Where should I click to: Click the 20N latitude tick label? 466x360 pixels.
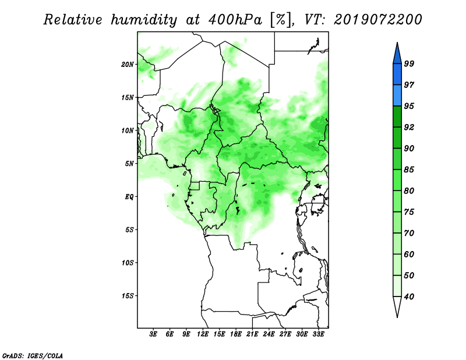pos(128,64)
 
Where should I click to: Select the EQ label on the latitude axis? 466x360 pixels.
pos(129,197)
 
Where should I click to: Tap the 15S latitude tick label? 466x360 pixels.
pos(128,296)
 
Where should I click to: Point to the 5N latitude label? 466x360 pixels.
pos(129,164)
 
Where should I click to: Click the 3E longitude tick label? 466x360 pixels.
pos(153,334)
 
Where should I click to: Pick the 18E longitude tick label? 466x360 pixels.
pos(236,334)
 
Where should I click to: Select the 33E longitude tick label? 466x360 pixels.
pos(318,334)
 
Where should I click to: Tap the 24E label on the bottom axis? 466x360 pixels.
pos(269,334)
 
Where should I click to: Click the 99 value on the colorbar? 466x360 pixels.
pos(409,63)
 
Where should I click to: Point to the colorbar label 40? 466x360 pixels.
pos(409,297)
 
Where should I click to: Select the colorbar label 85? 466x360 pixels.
pos(409,170)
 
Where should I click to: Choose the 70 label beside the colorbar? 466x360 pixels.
pos(409,233)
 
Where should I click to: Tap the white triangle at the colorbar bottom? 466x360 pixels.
pos(397,306)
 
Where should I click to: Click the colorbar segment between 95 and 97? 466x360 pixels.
pos(397,96)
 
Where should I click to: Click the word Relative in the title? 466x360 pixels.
pos(73,20)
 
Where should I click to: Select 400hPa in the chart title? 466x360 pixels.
pos(235,20)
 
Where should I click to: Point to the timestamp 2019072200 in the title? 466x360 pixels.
pos(378,20)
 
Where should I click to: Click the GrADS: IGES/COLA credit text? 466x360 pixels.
pos(33,355)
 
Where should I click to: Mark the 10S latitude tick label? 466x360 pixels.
pos(128,263)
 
